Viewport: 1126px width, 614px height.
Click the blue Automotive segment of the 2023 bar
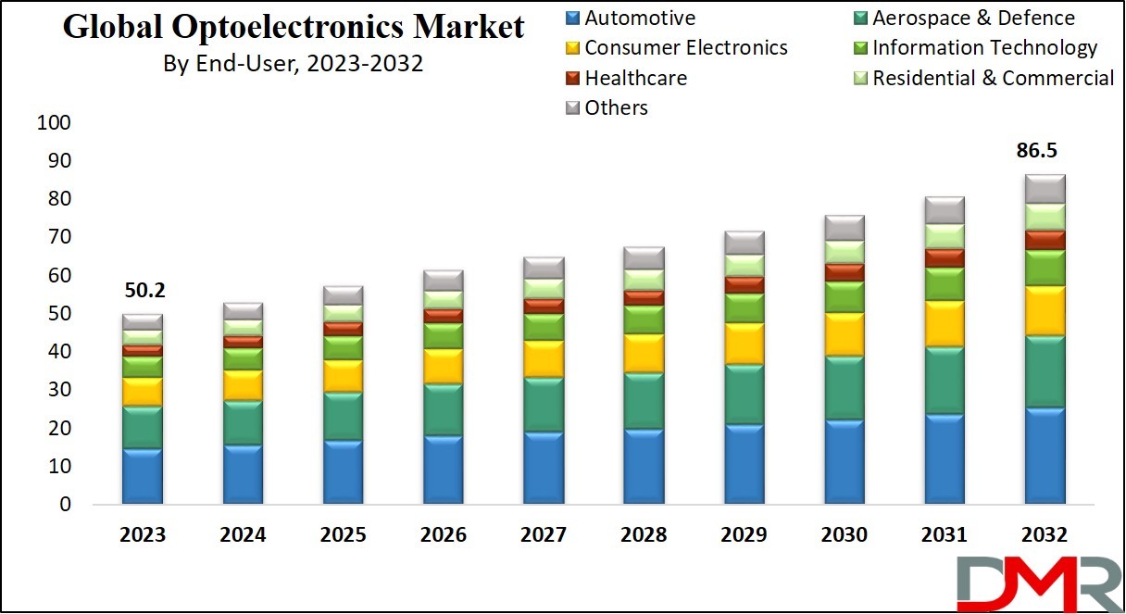[143, 476]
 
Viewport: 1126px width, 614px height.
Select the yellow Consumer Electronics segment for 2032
[1044, 311]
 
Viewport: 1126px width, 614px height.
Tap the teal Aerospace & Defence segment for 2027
[543, 405]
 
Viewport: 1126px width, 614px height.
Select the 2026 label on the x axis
[443, 535]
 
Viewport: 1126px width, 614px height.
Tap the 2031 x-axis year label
[943, 535]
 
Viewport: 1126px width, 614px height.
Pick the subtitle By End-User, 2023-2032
[294, 64]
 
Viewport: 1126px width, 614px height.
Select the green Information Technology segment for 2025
[343, 347]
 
